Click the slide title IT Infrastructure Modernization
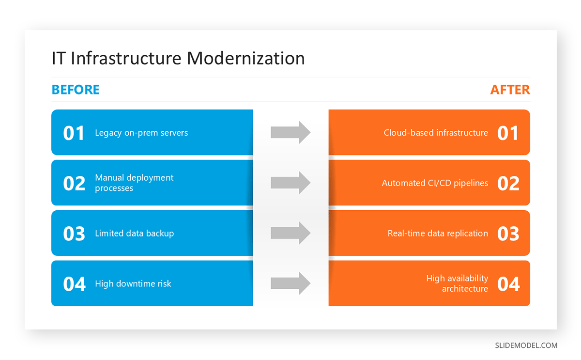coord(178,58)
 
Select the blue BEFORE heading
coord(76,90)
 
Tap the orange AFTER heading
coord(510,90)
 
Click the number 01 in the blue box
coord(74,133)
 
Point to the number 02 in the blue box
coord(74,184)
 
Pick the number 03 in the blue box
coord(74,234)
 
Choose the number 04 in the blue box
coord(74,284)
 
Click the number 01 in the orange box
coord(508,133)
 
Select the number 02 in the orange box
coord(508,184)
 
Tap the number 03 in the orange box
coord(508,234)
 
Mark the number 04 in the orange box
coord(508,284)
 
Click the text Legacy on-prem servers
coord(141,133)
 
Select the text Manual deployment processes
coord(134,183)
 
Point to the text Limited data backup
coord(134,234)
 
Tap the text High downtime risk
coord(133,284)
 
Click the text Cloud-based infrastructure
coord(436,133)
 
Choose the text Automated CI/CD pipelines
coord(435,183)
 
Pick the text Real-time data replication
coord(438,234)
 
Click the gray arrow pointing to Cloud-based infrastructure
coord(290,132)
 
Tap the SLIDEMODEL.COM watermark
coord(526,345)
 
